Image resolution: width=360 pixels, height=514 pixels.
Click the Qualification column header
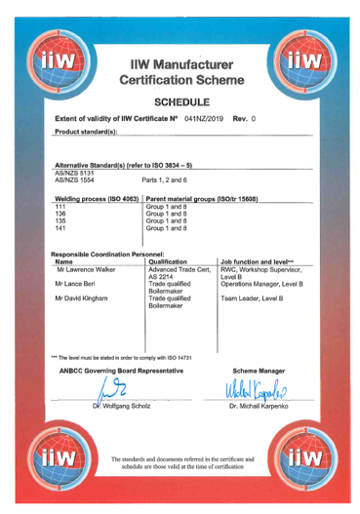point(171,261)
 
